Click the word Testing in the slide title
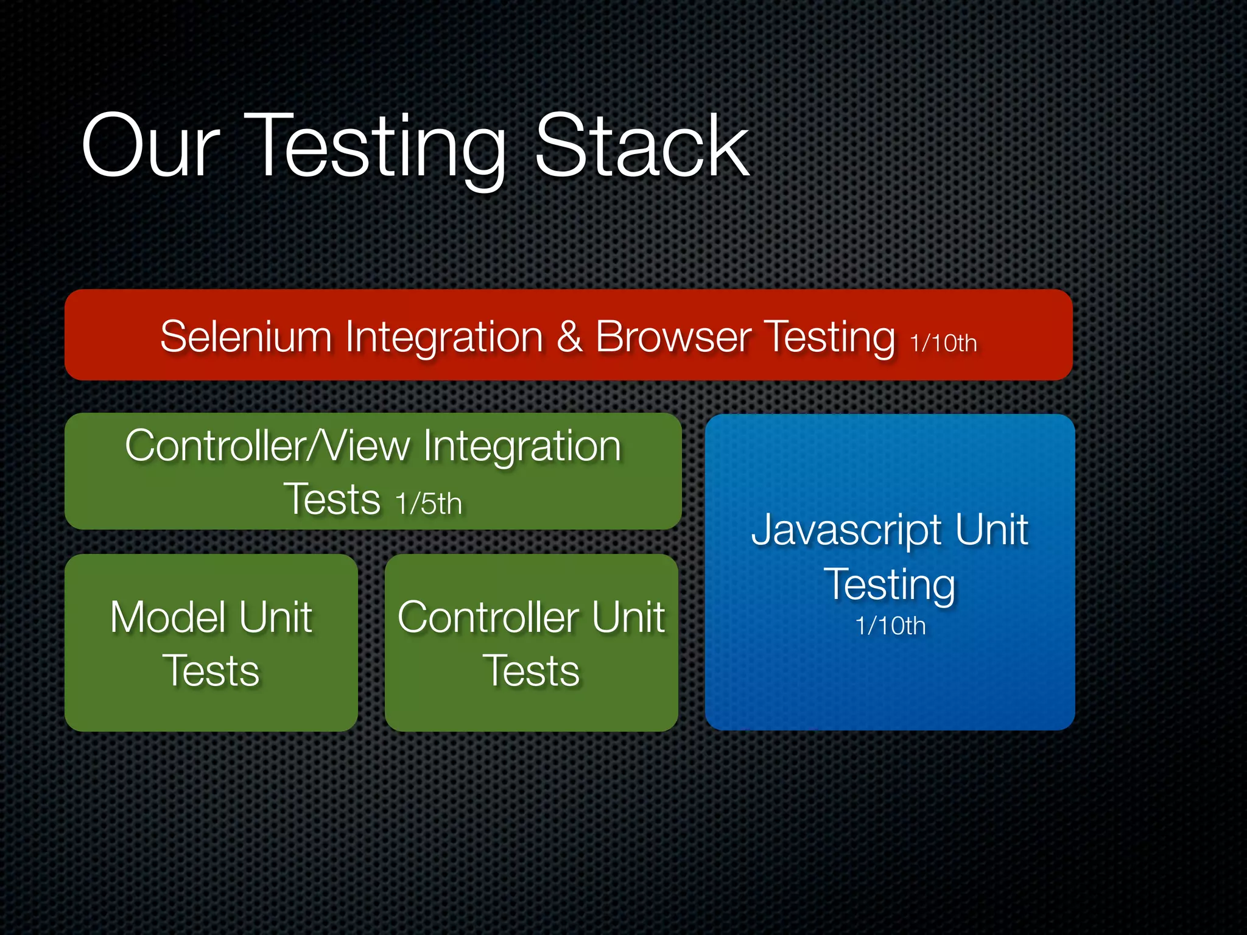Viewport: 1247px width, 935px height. tap(378, 149)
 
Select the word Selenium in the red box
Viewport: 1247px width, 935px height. tap(245, 337)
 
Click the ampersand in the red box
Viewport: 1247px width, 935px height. tap(569, 337)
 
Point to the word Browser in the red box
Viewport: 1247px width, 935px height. tap(673, 337)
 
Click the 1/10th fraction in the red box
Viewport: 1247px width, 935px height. tap(943, 343)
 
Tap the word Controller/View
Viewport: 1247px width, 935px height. tap(267, 446)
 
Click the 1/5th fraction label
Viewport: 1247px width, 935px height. tap(428, 504)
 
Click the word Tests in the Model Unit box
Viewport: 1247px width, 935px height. tap(211, 671)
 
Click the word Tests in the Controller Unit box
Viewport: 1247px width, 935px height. tap(531, 671)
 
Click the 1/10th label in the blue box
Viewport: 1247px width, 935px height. tap(890, 626)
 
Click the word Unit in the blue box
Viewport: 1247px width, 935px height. tap(991, 530)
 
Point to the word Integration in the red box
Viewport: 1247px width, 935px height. tap(444, 337)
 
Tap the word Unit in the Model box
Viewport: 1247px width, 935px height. tap(275, 617)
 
